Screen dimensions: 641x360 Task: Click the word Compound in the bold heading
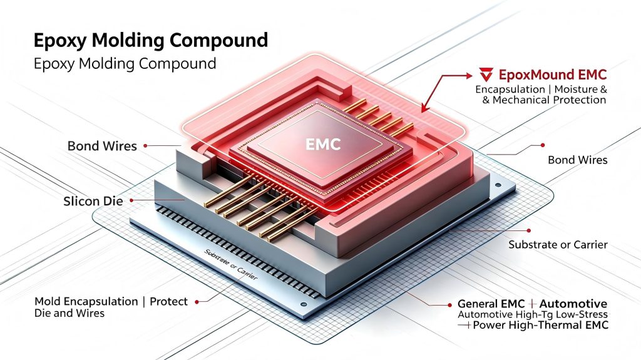pos(218,41)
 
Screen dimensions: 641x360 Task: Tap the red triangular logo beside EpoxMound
pos(486,75)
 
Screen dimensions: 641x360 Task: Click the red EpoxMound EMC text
pos(553,75)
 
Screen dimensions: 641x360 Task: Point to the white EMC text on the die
pos(323,144)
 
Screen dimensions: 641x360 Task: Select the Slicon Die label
pos(93,201)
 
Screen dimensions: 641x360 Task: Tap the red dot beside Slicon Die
pos(131,200)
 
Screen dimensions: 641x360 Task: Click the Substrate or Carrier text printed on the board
pos(231,264)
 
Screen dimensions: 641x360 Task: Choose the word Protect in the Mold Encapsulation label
pos(168,302)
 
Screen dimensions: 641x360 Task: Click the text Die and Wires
pos(69,314)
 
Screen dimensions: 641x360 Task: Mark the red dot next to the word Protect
pos(197,302)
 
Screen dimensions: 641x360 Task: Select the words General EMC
pos(491,304)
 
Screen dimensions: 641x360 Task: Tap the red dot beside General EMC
pos(449,305)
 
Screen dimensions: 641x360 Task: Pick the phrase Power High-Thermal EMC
pos(541,326)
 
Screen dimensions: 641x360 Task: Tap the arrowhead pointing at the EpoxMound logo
pos(469,75)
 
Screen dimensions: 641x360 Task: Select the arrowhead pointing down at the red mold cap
pos(424,109)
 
